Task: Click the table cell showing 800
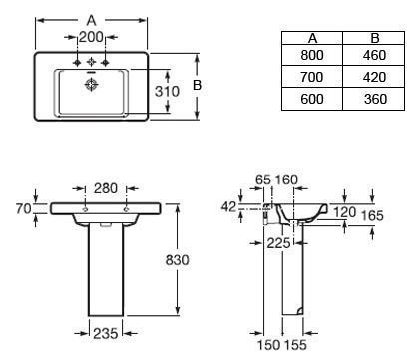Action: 312,55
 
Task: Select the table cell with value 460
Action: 374,55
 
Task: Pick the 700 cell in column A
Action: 312,77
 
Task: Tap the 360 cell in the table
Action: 375,99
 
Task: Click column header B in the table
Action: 375,38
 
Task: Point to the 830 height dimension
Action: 177,260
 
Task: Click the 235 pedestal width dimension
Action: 106,333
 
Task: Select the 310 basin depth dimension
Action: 167,91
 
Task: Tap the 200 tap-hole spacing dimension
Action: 91,37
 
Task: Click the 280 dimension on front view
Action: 106,188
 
